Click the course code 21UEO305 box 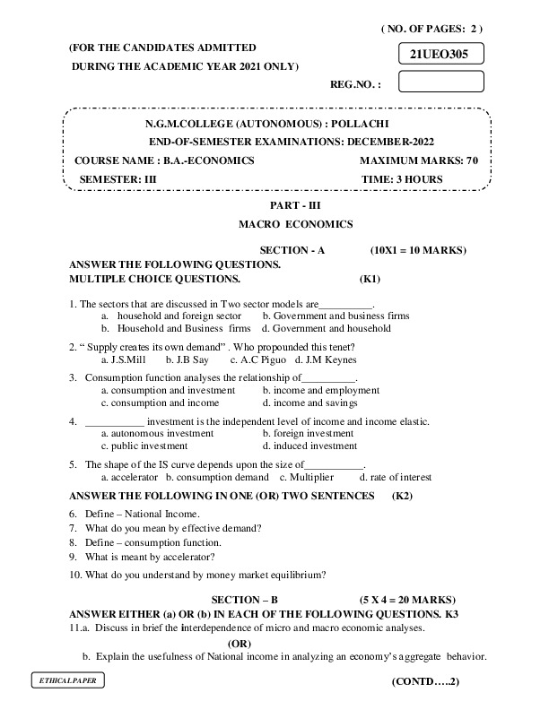pos(439,54)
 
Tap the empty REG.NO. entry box pos(439,82)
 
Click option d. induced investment pos(309,446)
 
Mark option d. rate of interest pos(396,477)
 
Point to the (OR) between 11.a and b pos(240,643)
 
